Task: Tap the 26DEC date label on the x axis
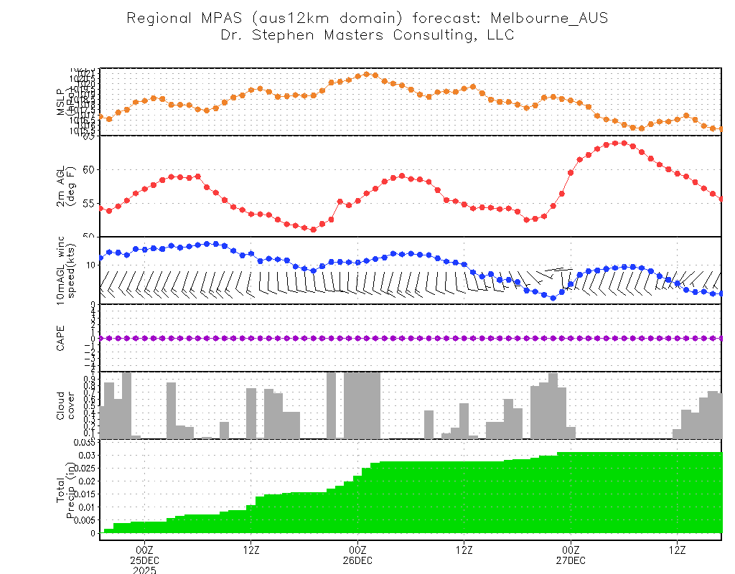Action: [x=357, y=560]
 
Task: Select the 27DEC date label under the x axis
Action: [x=570, y=560]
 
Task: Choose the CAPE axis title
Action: [x=61, y=338]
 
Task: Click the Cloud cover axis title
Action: [x=66, y=405]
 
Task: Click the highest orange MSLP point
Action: [x=367, y=74]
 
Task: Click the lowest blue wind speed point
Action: [x=553, y=297]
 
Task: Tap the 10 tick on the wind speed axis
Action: [x=91, y=265]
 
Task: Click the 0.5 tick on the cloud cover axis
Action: [x=90, y=405]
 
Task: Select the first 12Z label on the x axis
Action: [x=250, y=550]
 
